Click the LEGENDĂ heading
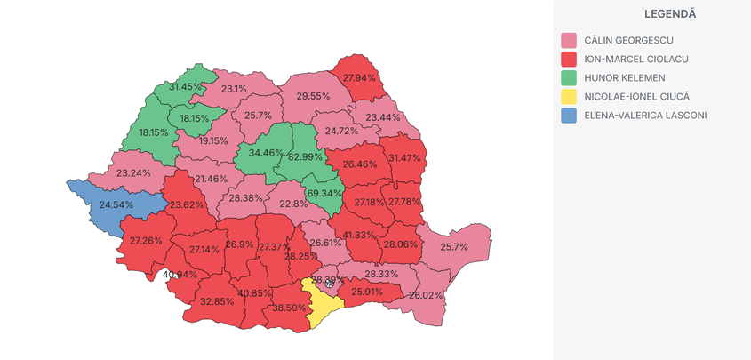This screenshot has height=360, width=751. tap(670, 14)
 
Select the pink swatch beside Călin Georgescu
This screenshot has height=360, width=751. tap(569, 40)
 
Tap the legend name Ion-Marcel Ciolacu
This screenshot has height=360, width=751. tap(635, 60)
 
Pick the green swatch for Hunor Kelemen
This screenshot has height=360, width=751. tap(569, 78)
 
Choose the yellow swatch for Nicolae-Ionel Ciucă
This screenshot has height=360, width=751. tap(569, 97)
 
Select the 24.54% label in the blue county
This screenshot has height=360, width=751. tap(116, 205)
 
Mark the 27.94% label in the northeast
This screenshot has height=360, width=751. tap(360, 78)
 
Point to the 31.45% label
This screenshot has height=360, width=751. tap(186, 87)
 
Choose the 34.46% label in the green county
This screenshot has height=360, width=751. tap(266, 153)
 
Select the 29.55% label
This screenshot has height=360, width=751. tap(313, 96)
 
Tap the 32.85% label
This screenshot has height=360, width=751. tap(217, 301)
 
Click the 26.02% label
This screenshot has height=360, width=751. tap(426, 295)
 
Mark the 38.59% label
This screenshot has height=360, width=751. tap(289, 308)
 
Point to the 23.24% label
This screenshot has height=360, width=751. tap(133, 172)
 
